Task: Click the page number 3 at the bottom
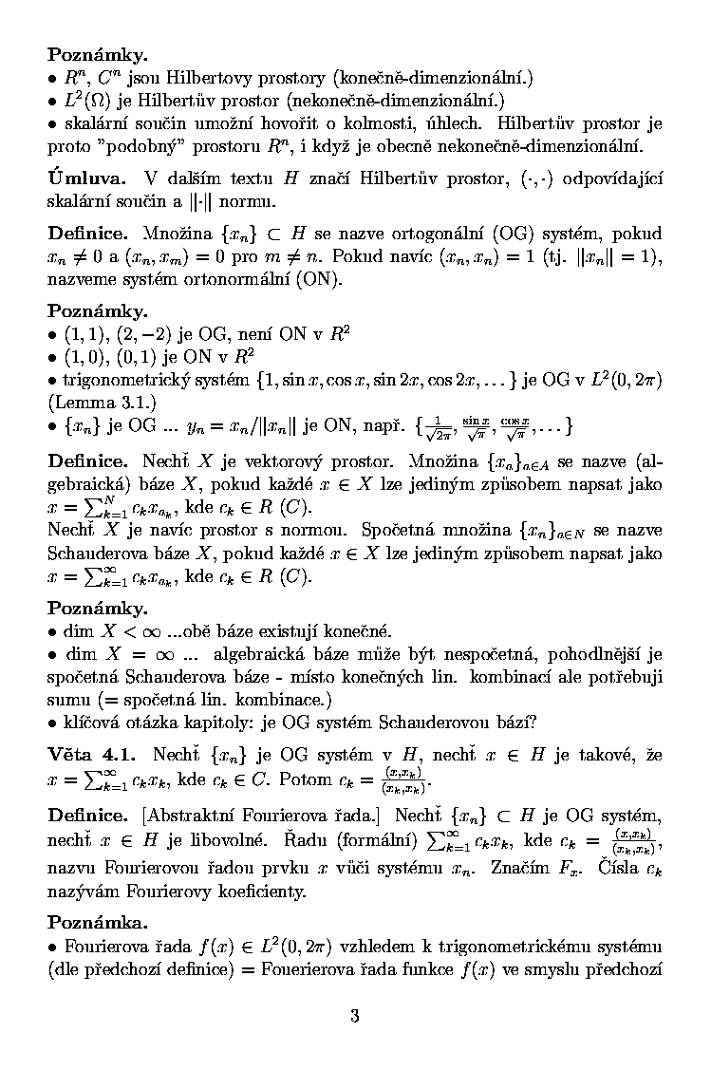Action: pyautogui.click(x=355, y=1016)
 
